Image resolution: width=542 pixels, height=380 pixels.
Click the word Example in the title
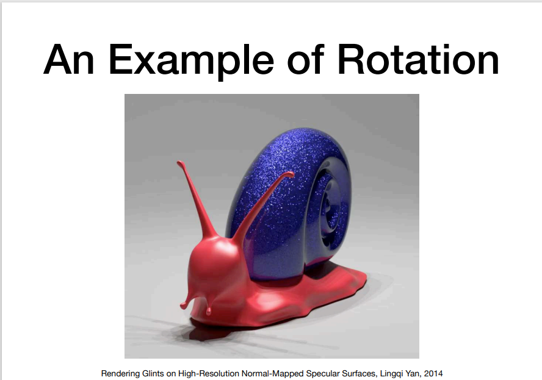[x=191, y=61]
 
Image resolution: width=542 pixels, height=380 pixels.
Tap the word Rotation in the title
[x=418, y=59]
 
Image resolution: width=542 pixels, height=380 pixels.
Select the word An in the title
[x=69, y=59]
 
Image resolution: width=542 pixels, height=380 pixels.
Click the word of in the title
[x=306, y=59]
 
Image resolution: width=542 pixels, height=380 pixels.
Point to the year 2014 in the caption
[x=433, y=373]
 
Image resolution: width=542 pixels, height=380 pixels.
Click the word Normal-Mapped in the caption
[x=273, y=374]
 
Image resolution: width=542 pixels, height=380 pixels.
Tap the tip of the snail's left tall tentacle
[x=179, y=163]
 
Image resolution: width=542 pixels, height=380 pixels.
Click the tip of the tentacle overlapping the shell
[x=291, y=174]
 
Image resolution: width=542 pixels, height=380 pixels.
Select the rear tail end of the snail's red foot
[x=364, y=278]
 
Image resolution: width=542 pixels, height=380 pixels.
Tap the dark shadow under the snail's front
[x=208, y=332]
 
